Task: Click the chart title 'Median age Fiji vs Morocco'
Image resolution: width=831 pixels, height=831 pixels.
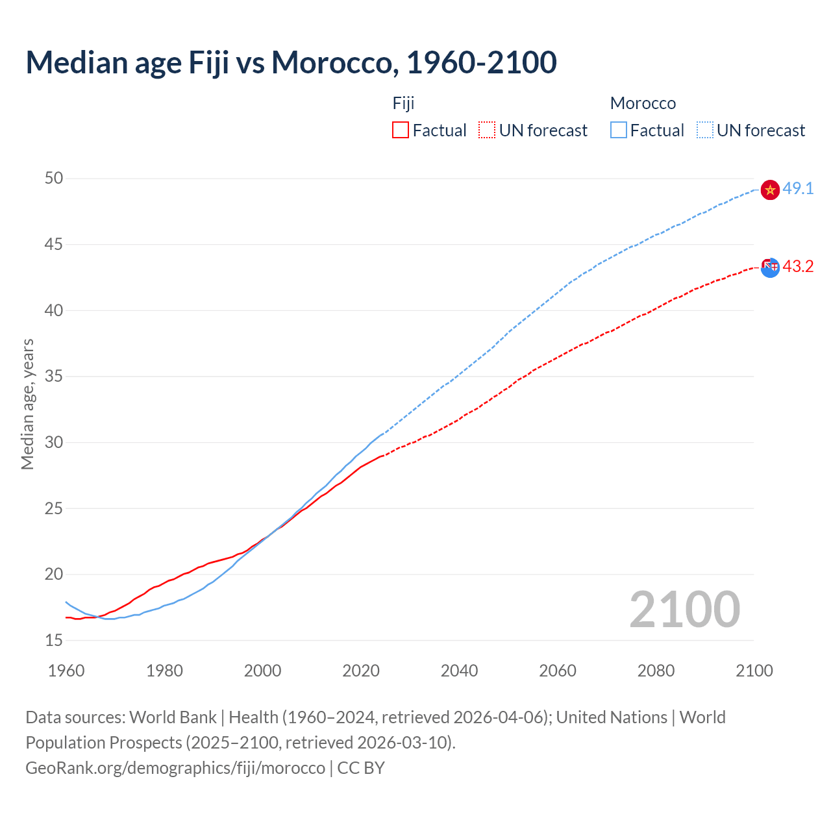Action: coord(291,62)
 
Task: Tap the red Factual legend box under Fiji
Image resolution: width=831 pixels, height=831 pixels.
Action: coord(401,130)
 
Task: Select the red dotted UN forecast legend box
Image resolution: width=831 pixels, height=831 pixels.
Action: coord(487,130)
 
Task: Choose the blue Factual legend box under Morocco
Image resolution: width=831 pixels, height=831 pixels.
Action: coord(619,130)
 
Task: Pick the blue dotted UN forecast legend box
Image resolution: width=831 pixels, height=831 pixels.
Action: coord(705,130)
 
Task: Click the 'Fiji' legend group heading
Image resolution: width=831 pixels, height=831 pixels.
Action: coord(403,103)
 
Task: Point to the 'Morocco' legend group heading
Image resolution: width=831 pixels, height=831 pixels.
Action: coord(643,103)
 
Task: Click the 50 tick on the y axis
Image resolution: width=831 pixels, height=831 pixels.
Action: coord(54,179)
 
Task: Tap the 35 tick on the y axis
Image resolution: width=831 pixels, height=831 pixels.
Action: coord(54,377)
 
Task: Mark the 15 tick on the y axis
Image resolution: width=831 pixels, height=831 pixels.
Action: coord(54,640)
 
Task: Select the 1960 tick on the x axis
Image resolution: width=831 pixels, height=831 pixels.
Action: coord(66,671)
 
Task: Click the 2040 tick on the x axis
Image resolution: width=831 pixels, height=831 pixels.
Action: coord(459,671)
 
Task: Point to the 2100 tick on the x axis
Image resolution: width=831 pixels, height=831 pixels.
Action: coord(754,671)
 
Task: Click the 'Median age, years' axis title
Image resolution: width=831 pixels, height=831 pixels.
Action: coord(27,404)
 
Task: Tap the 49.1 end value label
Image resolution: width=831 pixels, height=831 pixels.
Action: coord(798,189)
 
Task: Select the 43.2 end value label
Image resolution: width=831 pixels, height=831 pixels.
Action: coord(798,267)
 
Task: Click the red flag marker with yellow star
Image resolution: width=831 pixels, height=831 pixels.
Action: coord(770,190)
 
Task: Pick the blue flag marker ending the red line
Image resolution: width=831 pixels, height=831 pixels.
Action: coord(770,267)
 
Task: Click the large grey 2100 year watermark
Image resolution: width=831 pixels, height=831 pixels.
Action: coord(684,609)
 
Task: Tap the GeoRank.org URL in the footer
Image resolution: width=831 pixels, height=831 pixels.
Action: coord(175,767)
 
